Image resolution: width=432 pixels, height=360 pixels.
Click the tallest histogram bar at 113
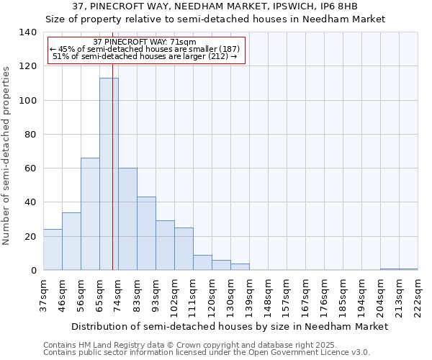(109, 174)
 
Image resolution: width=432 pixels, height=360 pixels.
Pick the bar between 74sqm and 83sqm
(127, 219)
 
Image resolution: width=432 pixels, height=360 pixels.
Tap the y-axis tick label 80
(30, 135)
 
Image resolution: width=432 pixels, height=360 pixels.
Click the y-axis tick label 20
(30, 237)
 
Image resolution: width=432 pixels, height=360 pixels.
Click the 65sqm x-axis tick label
(100, 294)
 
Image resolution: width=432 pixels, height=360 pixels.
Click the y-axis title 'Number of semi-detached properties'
(7, 156)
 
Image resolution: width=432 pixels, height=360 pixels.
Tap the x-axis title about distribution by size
(230, 326)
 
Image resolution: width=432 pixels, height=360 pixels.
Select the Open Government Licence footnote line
(207, 353)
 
